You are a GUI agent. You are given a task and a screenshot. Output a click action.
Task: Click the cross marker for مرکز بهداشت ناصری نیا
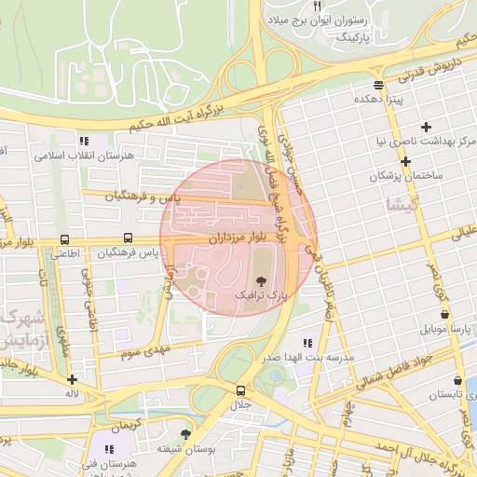(427, 127)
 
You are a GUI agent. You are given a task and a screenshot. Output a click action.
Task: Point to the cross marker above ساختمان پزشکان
(405, 161)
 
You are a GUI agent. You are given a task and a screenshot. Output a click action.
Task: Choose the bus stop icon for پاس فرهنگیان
(128, 238)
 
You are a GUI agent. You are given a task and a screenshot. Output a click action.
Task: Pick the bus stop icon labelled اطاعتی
(63, 238)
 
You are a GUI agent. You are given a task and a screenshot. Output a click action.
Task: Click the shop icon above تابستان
(457, 380)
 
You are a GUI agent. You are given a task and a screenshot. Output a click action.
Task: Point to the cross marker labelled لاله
(73, 379)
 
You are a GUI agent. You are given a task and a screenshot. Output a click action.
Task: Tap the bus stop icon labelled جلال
(241, 390)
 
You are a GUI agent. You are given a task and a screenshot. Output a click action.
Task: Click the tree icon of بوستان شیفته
(185, 434)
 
